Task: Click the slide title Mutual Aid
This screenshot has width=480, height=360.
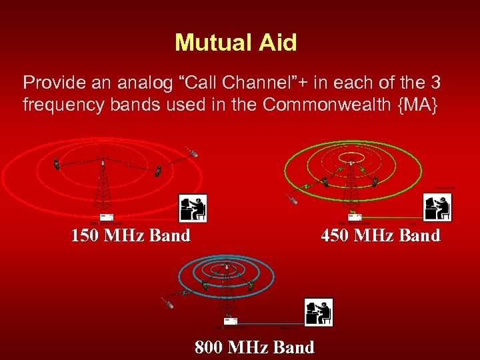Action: (235, 43)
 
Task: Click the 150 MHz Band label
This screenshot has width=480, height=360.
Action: (131, 235)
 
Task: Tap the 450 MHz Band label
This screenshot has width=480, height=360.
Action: (380, 235)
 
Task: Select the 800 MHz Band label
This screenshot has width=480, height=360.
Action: (254, 347)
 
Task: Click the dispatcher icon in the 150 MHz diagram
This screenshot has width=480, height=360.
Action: (193, 208)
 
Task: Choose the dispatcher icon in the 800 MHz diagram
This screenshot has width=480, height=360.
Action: (319, 312)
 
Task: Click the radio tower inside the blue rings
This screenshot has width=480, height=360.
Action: (227, 290)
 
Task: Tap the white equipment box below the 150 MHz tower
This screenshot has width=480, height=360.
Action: (106, 217)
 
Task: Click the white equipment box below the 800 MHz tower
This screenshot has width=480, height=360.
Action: (230, 321)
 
